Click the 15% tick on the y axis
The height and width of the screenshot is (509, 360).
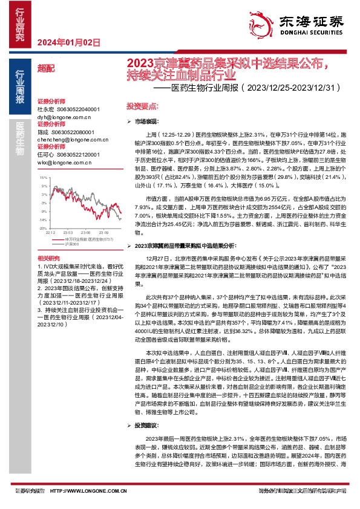pos(42,178)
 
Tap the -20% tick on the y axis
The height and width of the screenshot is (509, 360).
pos(42,229)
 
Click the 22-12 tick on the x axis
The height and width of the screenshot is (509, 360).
pos(50,232)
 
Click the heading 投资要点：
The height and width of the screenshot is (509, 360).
pos(143,105)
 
